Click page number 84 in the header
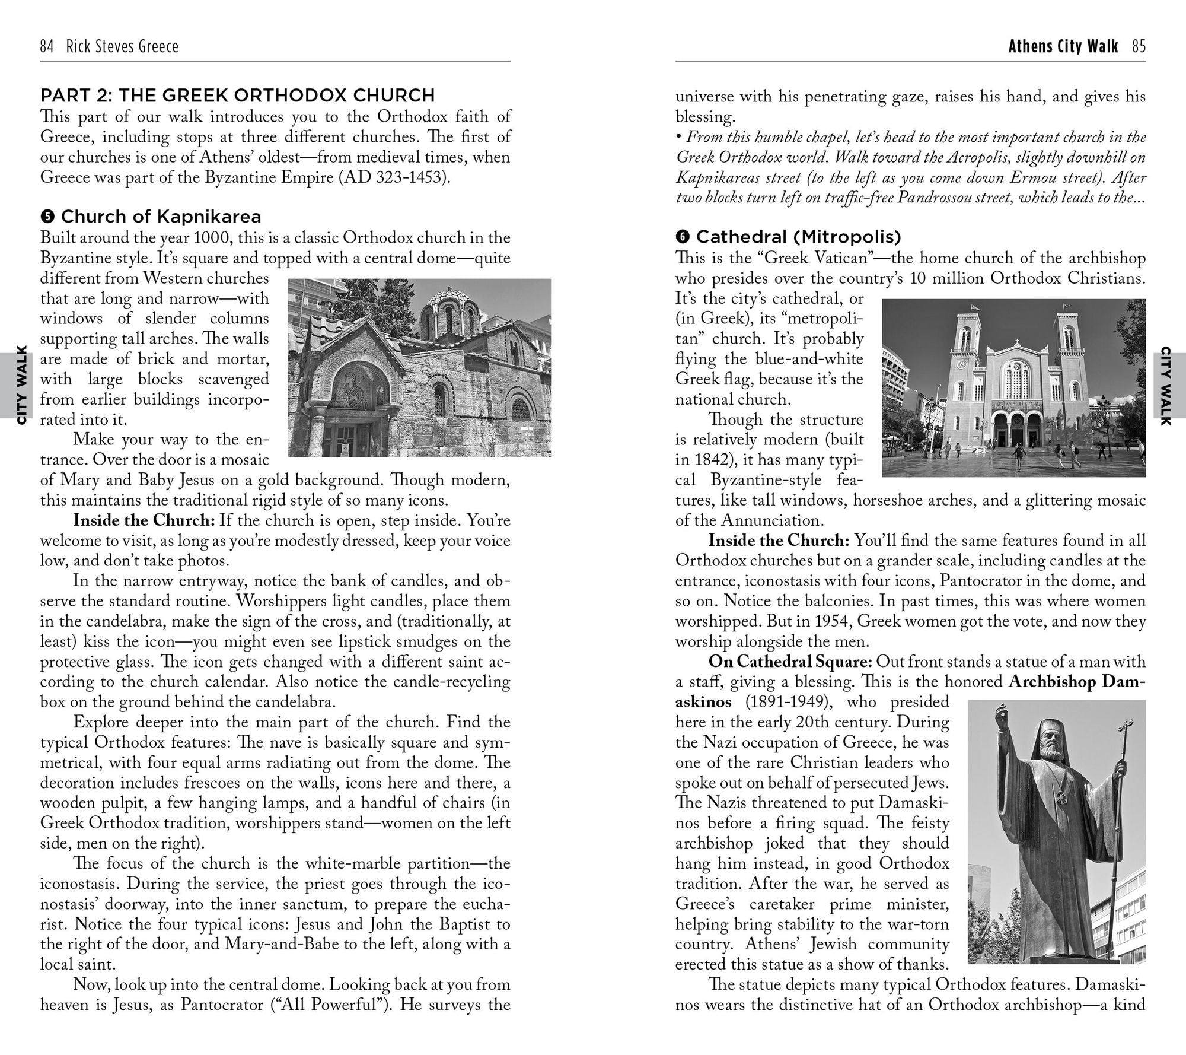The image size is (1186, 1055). click(47, 46)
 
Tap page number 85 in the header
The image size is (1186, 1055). click(1139, 46)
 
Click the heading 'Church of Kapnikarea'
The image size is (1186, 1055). click(161, 217)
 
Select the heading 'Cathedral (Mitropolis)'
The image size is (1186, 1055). click(798, 237)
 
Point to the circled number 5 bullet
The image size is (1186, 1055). click(47, 217)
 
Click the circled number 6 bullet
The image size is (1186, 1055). click(683, 237)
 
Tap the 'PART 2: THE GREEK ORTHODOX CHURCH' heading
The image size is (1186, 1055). click(237, 95)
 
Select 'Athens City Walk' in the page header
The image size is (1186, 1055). click(1063, 46)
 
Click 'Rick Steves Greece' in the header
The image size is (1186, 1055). click(122, 46)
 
